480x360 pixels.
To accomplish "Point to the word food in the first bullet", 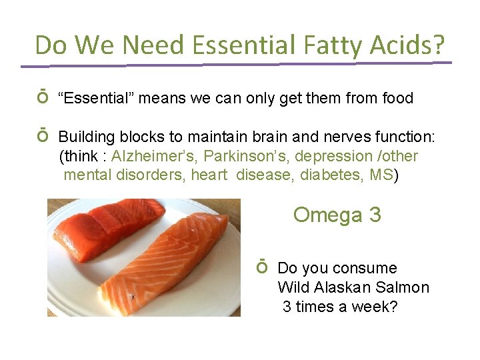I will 397,99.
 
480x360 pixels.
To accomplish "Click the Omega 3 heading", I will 337,215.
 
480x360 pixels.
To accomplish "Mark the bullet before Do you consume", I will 262,268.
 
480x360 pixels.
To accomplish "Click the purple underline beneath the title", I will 236,65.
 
